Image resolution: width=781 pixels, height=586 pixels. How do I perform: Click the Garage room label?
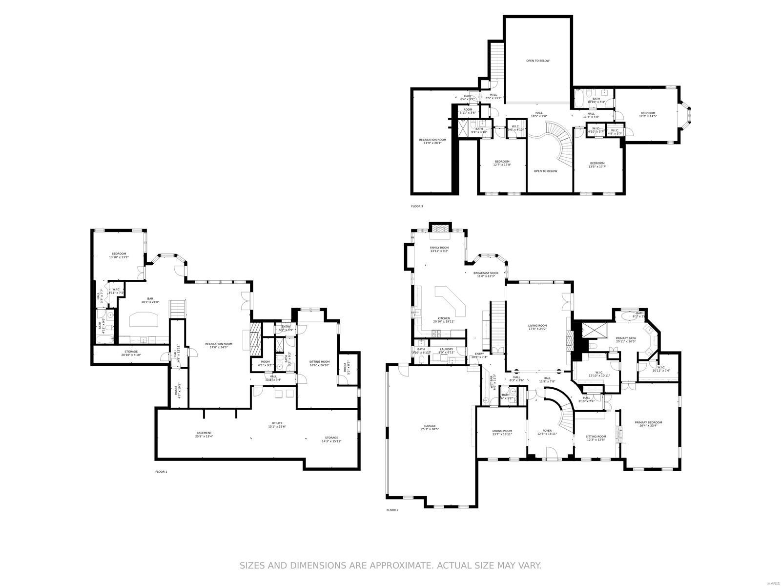pos(430,427)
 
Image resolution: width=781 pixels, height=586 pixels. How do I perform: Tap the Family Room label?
pos(439,249)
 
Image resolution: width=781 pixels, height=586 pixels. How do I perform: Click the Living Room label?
pos(537,327)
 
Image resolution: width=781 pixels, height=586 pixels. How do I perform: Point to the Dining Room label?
pos(502,432)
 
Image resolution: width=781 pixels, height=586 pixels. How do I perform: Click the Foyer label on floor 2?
pos(547,432)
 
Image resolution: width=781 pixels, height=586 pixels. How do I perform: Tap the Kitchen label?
pos(444,320)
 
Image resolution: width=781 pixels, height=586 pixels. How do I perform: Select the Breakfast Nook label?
pos(486,274)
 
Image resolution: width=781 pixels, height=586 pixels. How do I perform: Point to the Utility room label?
pos(277,424)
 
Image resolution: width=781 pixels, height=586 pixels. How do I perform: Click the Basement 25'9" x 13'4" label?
pos(204,434)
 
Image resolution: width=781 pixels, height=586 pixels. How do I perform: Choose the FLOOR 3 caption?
pos(417,206)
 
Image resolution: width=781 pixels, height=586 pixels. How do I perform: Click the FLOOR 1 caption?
pos(161,472)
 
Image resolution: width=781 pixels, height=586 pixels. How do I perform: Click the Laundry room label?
pos(446,351)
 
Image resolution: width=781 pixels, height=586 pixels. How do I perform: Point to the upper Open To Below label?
pos(537,61)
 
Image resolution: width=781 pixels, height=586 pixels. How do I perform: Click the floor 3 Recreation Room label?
pos(432,141)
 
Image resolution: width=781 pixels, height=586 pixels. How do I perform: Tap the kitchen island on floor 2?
pos(452,301)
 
